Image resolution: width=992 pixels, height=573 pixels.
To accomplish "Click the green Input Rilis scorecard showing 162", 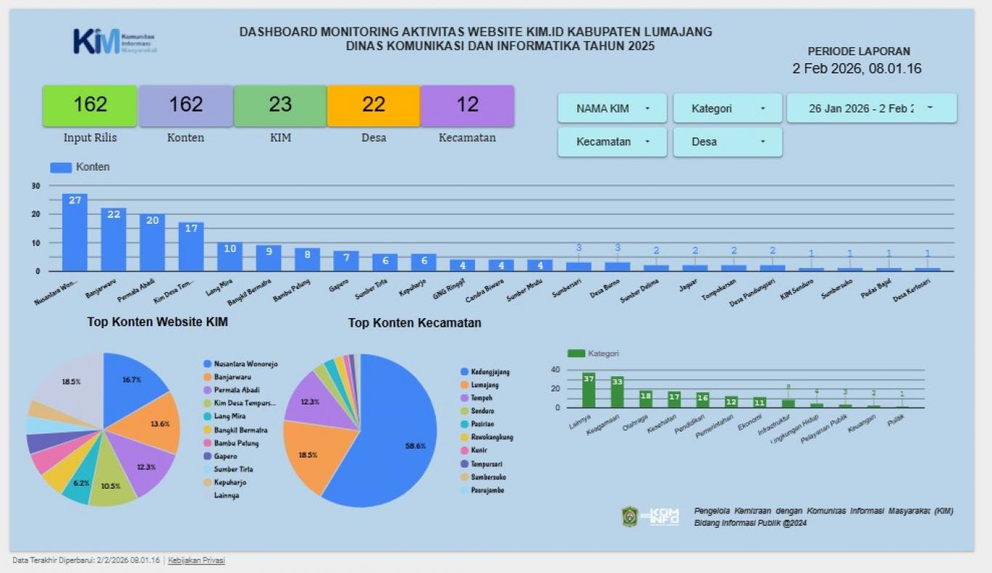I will click(90, 106).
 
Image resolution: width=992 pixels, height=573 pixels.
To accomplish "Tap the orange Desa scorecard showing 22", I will click(373, 106).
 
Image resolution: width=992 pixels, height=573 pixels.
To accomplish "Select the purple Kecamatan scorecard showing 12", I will click(468, 106).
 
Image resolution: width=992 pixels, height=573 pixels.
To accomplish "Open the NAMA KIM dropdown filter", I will click(612, 109).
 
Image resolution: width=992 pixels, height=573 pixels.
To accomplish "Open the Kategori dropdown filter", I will click(727, 109).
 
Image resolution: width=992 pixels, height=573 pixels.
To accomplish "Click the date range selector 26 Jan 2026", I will click(871, 109).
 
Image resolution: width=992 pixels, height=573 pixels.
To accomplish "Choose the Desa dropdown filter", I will click(727, 142).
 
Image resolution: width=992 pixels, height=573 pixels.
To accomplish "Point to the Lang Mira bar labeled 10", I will click(230, 257).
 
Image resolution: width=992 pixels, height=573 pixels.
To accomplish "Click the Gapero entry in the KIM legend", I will click(226, 456).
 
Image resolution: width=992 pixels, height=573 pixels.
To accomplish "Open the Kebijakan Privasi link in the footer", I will click(196, 561).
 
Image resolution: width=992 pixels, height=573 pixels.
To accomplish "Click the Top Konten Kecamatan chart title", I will click(415, 323).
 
